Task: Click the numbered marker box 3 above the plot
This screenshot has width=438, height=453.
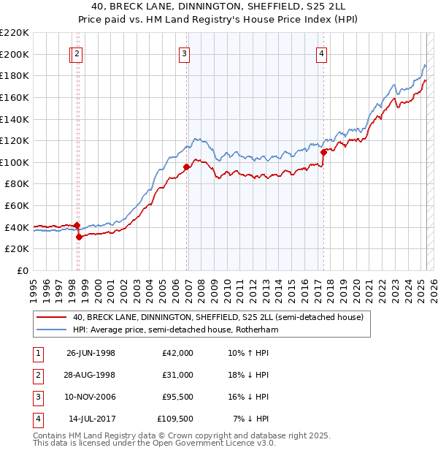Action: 185,53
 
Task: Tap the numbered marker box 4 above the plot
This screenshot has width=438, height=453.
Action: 321,53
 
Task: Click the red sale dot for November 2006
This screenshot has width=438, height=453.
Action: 187,167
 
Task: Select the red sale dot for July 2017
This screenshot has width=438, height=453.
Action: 323,151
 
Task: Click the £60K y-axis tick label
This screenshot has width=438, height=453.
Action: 17,206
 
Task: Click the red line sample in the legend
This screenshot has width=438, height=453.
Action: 51,317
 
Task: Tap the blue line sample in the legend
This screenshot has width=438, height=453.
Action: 51,330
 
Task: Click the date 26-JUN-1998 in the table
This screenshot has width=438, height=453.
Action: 91,353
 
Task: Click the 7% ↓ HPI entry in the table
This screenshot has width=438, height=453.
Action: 251,419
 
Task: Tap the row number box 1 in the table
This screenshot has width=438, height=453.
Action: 36,353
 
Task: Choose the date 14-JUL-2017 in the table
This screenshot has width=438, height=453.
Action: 91,419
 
